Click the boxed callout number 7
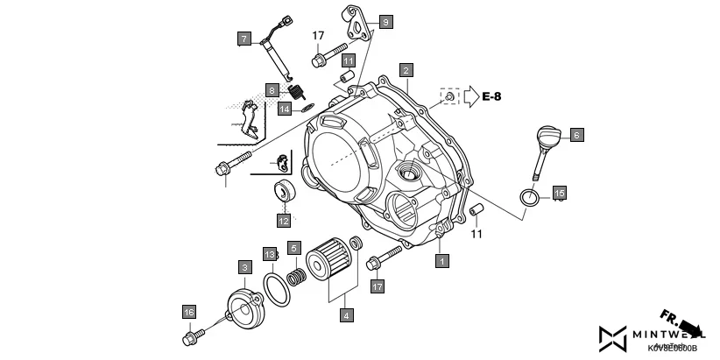[x=244, y=38]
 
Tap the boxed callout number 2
[x=405, y=68]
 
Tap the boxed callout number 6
[x=576, y=135]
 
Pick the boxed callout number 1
[x=443, y=260]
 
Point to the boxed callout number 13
[x=271, y=254]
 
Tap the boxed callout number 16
[x=188, y=311]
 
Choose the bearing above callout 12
[x=284, y=190]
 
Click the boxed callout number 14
[x=285, y=109]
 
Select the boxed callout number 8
[x=272, y=90]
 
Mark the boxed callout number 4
[x=348, y=314]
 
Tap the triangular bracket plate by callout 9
[x=354, y=21]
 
